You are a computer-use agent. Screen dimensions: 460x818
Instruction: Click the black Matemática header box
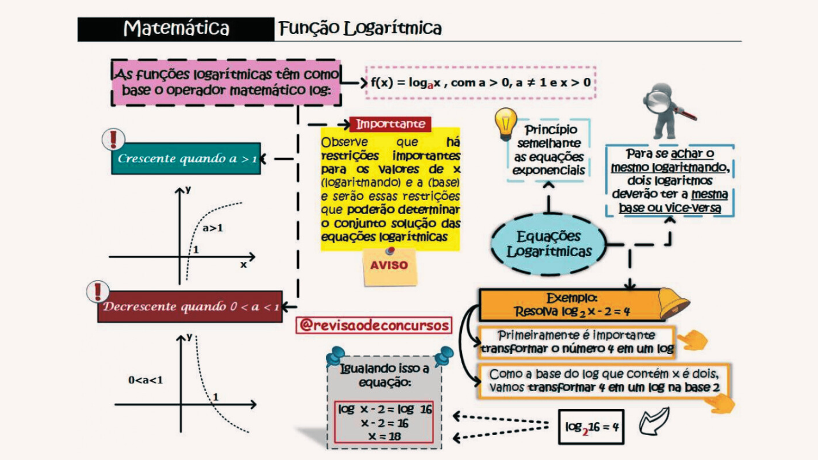[x=176, y=29]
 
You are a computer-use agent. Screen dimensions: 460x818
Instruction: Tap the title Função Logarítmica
[x=360, y=29]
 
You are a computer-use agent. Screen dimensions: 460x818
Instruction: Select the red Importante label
[x=390, y=124]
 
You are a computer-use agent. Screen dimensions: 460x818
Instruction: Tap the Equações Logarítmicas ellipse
[x=548, y=244]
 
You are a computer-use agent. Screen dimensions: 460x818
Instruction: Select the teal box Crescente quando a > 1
[x=186, y=158]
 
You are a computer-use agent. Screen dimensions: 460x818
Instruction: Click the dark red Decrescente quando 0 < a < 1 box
[x=190, y=307]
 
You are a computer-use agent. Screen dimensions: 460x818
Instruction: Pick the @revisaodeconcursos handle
[x=374, y=325]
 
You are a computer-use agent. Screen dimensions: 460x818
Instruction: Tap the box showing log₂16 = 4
[x=590, y=427]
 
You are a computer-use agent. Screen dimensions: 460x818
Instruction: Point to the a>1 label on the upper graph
[x=212, y=227]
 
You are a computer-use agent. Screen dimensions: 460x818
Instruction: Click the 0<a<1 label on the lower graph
[x=146, y=380]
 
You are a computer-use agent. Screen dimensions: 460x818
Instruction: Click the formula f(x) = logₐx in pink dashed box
[x=481, y=82]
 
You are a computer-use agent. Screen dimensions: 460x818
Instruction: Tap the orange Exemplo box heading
[x=572, y=298]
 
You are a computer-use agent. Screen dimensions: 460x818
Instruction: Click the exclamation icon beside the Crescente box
[x=114, y=139]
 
